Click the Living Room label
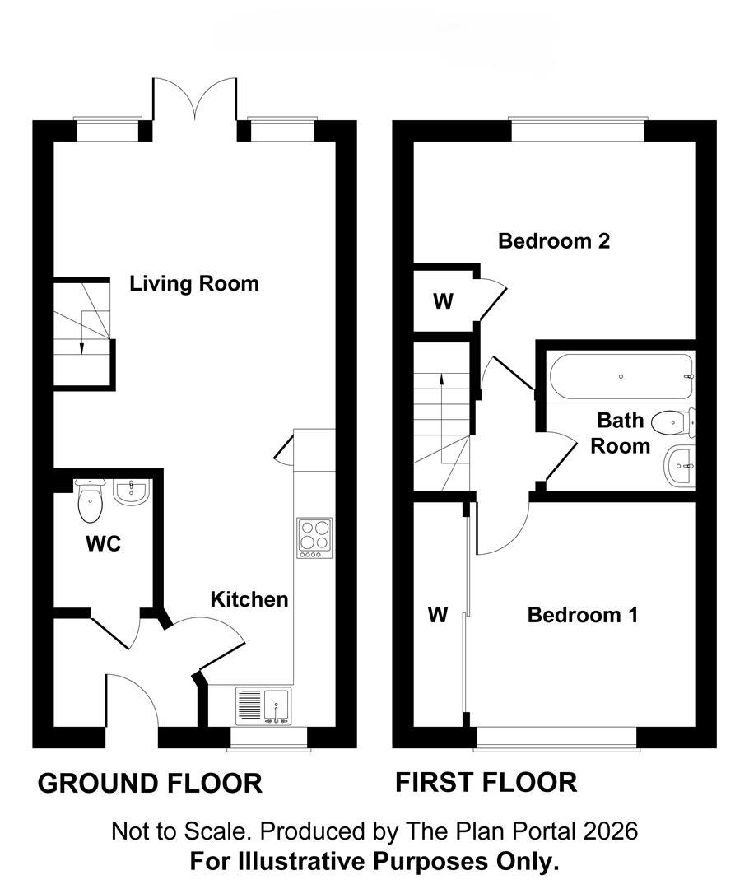click(x=194, y=283)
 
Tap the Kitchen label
click(x=249, y=599)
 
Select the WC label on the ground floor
click(x=103, y=544)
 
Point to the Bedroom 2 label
click(x=554, y=241)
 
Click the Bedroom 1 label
click(x=582, y=615)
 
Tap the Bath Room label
click(x=621, y=433)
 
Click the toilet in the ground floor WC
click(x=91, y=500)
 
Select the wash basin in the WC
click(x=132, y=491)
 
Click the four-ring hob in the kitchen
click(x=314, y=538)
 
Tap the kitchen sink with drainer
click(x=263, y=706)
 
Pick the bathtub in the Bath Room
click(x=621, y=376)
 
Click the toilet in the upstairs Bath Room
click(x=673, y=422)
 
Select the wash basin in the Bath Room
click(x=679, y=467)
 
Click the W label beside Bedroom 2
click(x=443, y=301)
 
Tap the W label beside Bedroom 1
click(x=438, y=614)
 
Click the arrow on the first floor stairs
click(x=441, y=403)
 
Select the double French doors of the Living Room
click(x=194, y=100)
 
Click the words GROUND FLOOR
click(x=150, y=784)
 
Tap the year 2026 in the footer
click(x=611, y=831)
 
